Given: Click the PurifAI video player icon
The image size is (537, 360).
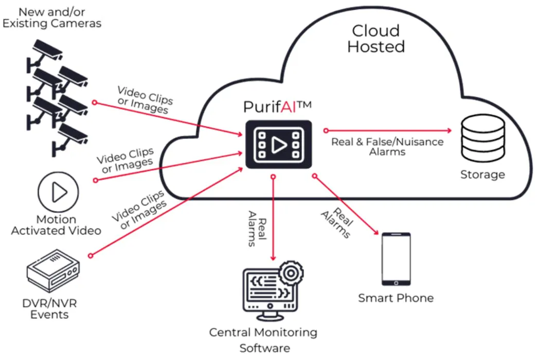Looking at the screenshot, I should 279,145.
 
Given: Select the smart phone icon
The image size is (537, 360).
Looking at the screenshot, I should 396,259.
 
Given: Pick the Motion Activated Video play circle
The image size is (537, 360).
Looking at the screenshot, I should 58,192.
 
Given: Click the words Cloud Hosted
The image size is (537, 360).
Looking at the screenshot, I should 375,39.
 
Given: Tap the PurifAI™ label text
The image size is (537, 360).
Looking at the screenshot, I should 278,107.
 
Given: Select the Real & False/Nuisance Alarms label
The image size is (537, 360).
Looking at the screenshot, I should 387,147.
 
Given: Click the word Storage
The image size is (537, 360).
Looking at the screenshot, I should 482,174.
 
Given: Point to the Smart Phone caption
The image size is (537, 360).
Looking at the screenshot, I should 396,298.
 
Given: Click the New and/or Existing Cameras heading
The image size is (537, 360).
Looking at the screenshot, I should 51,17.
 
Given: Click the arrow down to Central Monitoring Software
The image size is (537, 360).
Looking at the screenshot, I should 273,216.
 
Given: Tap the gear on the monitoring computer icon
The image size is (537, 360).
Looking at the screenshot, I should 291,273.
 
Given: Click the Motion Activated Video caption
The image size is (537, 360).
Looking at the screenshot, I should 56,225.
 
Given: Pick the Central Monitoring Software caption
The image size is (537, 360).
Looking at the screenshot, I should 263,340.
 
